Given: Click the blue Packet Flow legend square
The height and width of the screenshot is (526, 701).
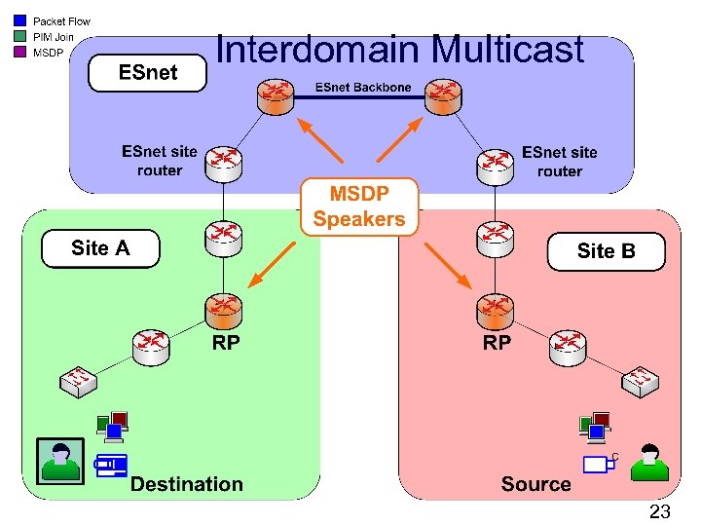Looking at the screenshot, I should (x=20, y=20).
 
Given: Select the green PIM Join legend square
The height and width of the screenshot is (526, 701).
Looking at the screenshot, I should (x=20, y=36).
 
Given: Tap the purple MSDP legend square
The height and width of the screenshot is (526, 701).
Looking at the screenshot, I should (x=20, y=52).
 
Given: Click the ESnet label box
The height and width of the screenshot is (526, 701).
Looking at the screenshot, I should (x=148, y=73).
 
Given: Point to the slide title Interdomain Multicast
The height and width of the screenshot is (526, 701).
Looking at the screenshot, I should (x=399, y=49).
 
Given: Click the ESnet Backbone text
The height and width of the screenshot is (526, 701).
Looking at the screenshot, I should (x=362, y=88).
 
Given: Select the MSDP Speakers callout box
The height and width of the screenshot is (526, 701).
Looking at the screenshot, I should (x=359, y=207).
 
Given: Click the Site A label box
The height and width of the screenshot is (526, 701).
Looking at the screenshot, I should (x=100, y=248).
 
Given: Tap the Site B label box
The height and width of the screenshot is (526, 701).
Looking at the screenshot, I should (x=606, y=251).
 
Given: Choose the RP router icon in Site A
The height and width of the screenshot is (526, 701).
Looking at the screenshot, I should (x=224, y=311).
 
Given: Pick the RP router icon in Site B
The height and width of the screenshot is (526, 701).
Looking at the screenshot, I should (x=496, y=311).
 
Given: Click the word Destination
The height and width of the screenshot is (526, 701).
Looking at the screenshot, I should (x=187, y=484).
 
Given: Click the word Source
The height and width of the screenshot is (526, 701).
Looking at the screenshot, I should (x=535, y=484).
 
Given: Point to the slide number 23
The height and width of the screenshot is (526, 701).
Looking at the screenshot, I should (x=659, y=510).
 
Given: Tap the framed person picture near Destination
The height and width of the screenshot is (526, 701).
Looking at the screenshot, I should (x=60, y=461).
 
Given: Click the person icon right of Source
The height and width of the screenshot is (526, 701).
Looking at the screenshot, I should (x=649, y=462).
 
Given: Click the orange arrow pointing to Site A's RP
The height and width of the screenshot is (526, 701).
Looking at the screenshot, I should (x=272, y=264).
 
